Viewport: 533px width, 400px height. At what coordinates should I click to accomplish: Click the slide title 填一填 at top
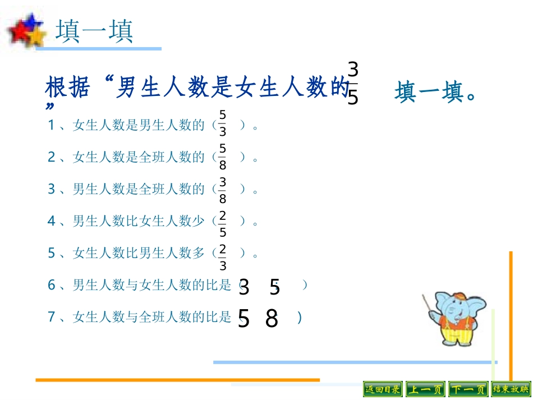point(94,32)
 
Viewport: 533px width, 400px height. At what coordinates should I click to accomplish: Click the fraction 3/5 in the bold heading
point(352,84)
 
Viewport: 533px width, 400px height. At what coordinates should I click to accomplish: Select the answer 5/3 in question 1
point(223,124)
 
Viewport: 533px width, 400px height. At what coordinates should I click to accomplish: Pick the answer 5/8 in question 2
point(223,157)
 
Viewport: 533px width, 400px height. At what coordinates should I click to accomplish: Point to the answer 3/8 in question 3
point(223,190)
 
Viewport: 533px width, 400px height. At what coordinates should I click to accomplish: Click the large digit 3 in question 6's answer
point(243,288)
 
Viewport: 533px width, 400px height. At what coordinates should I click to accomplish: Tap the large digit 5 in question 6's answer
point(274,288)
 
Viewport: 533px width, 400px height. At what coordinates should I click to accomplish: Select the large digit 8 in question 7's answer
point(272,319)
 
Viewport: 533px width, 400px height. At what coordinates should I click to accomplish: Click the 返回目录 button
point(383,389)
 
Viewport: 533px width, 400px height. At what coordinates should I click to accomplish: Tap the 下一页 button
point(468,389)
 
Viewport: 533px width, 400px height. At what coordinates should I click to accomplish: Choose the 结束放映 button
point(510,389)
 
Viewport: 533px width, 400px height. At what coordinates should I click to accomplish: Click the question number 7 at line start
point(52,318)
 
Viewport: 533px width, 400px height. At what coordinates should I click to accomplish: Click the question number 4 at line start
point(52,222)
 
